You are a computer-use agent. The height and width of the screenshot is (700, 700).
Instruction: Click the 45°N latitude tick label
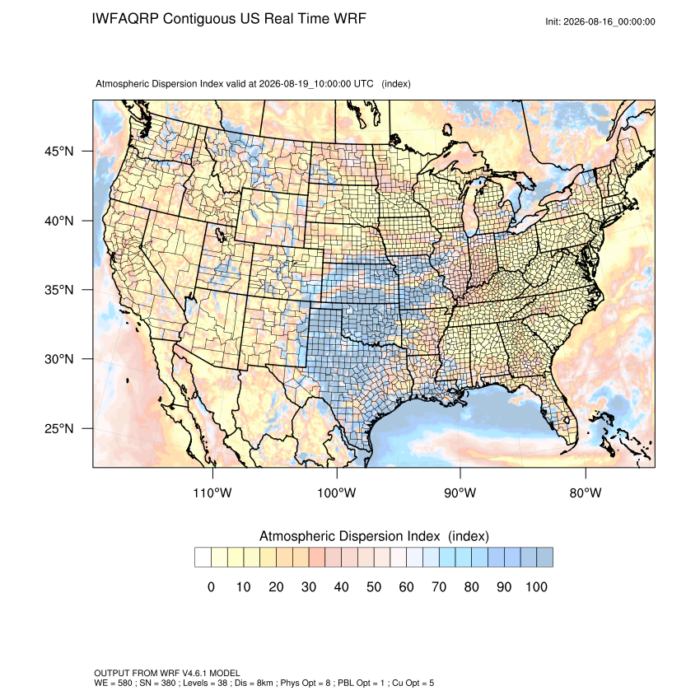[59, 152]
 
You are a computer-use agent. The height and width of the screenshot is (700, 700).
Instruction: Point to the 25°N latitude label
[59, 428]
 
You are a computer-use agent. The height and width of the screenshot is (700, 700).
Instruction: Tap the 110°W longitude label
[212, 492]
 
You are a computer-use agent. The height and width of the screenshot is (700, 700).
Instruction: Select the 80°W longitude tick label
[586, 492]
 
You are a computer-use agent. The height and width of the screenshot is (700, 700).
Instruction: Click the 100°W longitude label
[337, 492]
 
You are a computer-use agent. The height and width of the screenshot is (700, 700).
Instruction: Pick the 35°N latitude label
[59, 290]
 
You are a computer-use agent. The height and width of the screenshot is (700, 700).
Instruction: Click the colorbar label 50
[374, 586]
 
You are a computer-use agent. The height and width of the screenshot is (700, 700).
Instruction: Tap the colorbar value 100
[536, 586]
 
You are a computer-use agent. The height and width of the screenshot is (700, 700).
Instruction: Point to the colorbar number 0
[211, 586]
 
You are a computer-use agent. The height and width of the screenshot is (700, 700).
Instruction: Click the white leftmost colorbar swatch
[203, 558]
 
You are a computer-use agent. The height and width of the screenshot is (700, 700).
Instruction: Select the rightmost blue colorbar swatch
[544, 558]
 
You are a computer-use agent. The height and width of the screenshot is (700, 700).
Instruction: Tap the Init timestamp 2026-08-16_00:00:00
[609, 21]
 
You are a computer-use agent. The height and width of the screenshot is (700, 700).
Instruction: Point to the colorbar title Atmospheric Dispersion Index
[349, 536]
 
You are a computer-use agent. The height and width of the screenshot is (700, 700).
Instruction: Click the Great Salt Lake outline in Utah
[221, 235]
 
